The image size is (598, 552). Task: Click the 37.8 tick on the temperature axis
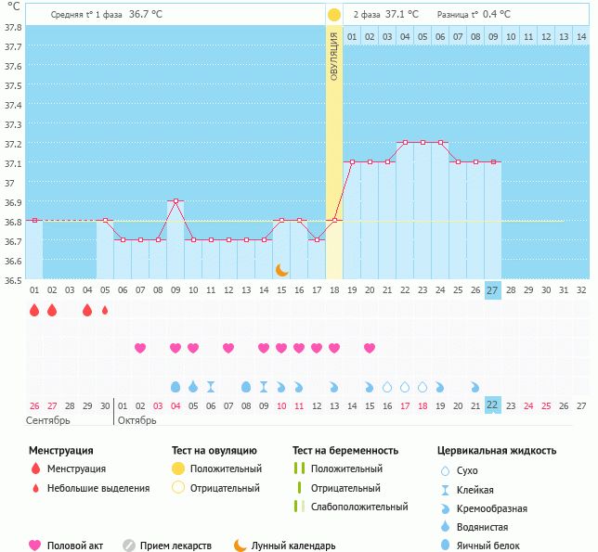(12, 27)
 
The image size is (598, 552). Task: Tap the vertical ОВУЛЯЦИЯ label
(334, 57)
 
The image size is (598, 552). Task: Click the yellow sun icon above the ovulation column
(333, 14)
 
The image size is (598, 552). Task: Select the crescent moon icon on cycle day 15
(281, 269)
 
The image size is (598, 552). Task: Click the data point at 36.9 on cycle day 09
(175, 201)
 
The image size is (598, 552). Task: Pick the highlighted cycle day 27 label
(493, 289)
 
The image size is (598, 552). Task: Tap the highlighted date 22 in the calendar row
(493, 404)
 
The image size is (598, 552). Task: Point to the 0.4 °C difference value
(499, 15)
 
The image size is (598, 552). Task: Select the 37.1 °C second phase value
(402, 15)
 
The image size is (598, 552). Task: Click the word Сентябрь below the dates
(48, 420)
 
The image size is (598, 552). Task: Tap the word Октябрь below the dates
(137, 420)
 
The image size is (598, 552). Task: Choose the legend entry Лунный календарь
(292, 546)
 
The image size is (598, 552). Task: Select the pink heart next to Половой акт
(35, 546)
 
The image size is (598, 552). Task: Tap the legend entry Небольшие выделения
(98, 488)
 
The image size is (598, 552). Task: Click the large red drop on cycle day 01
(34, 310)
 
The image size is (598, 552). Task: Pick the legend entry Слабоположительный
(359, 507)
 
